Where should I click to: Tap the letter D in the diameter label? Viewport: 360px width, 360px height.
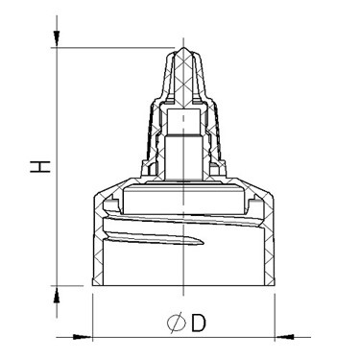tap(197, 324)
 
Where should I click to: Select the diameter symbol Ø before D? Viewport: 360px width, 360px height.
tap(175, 324)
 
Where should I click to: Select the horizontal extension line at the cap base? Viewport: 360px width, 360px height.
tap(72, 286)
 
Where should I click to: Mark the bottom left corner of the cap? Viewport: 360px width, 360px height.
tap(92, 285)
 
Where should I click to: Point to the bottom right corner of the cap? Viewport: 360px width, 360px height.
tap(276, 285)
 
